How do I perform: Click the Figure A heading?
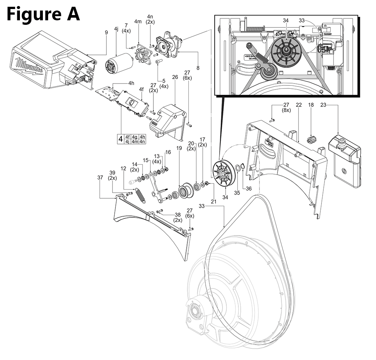click(43, 14)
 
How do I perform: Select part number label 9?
click(106, 33)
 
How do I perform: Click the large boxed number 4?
click(120, 139)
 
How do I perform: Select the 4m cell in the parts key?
click(134, 141)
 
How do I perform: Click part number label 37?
click(100, 177)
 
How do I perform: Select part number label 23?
click(323, 105)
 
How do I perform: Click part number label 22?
click(299, 105)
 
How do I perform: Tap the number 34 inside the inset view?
click(286, 20)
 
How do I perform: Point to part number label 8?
click(197, 68)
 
